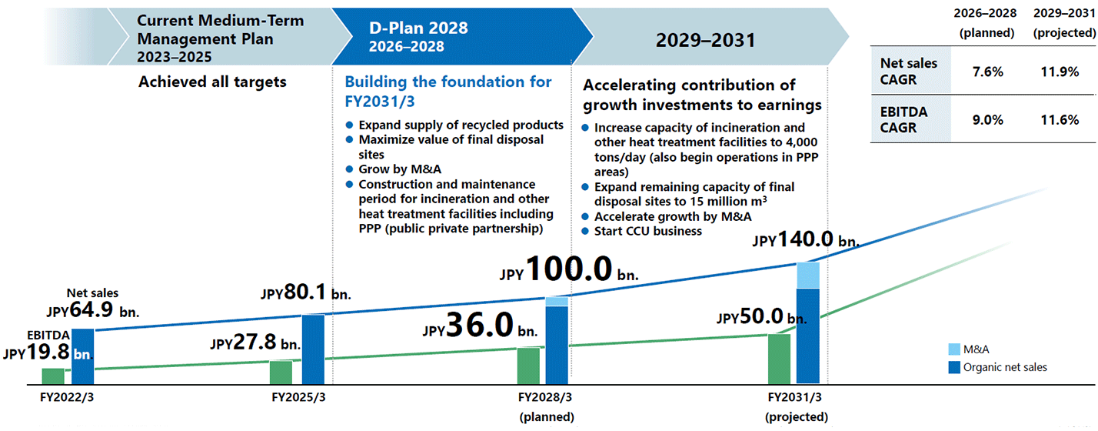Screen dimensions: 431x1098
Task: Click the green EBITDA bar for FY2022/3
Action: coord(53,376)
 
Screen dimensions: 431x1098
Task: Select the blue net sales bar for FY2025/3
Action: coord(313,349)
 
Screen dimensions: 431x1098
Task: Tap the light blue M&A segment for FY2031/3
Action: coord(808,275)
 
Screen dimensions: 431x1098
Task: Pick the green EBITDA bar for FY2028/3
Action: coord(528,365)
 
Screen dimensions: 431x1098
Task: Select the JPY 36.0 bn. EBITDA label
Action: coord(480,326)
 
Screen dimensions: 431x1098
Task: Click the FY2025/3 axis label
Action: coord(299,398)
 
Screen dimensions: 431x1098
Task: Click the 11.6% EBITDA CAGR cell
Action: coord(1065,119)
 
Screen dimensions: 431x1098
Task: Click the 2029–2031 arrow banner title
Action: coord(705,40)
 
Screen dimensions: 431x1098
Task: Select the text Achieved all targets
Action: coord(212,82)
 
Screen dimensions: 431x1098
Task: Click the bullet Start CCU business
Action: coord(647,231)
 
